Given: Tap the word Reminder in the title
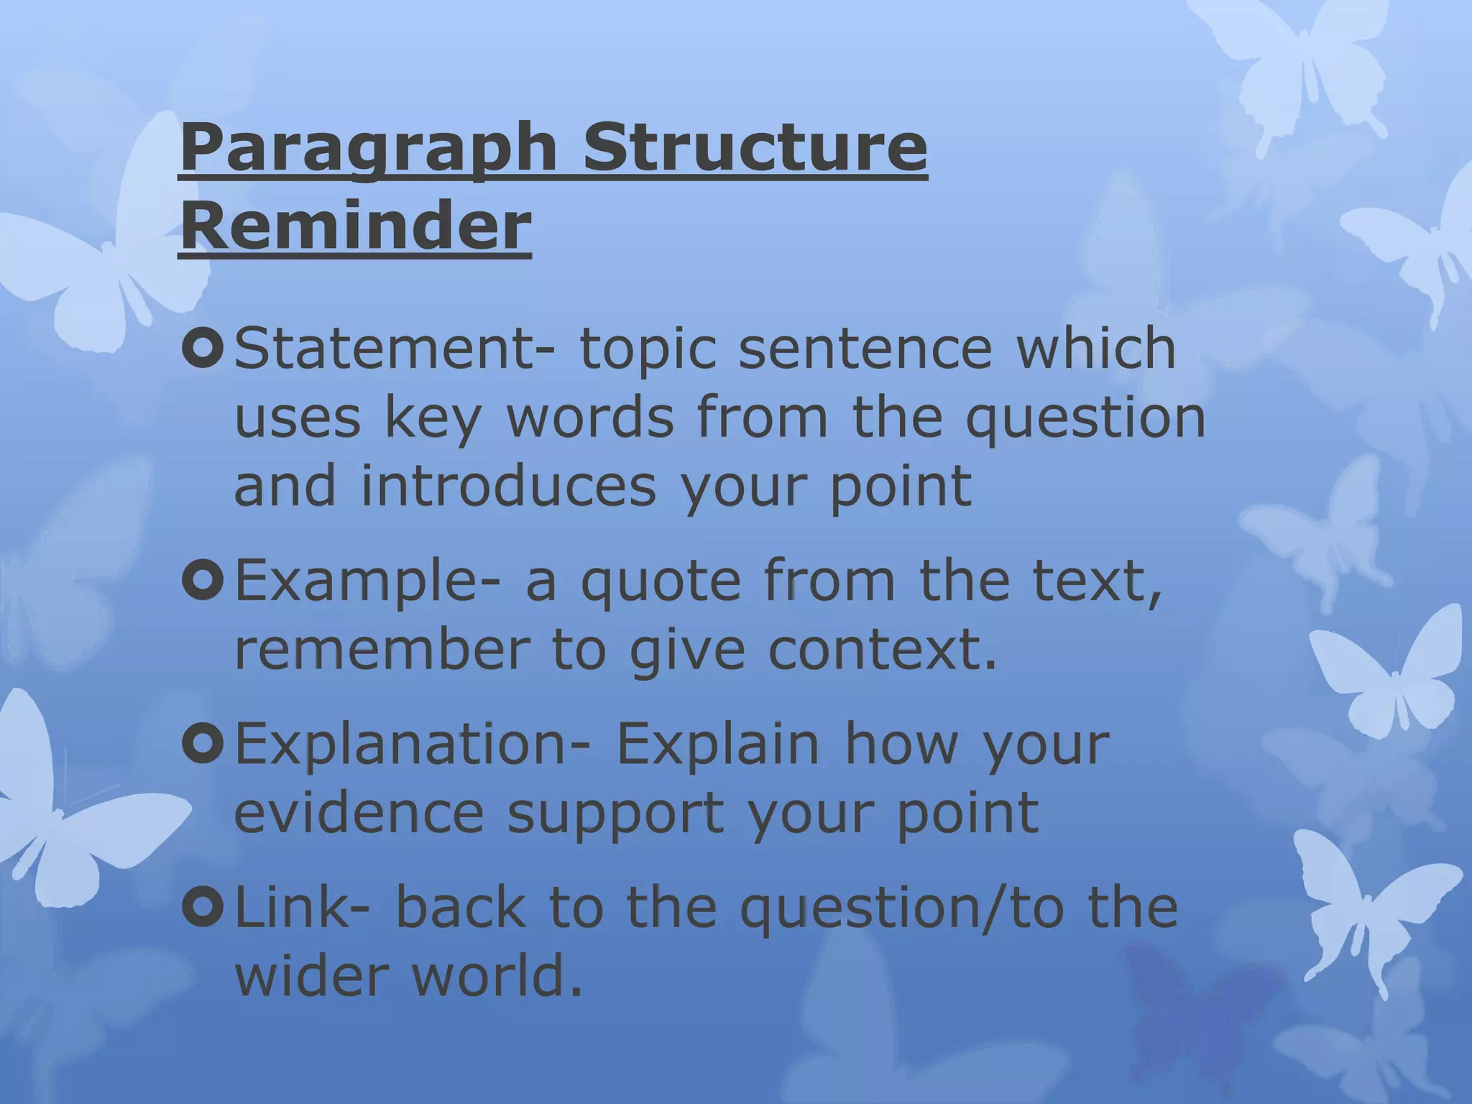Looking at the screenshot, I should coord(355,226).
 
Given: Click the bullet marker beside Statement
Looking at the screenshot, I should coord(203,347).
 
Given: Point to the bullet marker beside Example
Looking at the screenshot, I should coord(203,580).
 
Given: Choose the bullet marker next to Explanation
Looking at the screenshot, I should coord(203,744).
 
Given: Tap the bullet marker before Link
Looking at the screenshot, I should coord(203,906).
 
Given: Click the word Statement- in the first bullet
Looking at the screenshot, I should coord(395,347).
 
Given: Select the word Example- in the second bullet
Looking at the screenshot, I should coord(367,580).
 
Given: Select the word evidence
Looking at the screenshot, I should coord(359,813).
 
